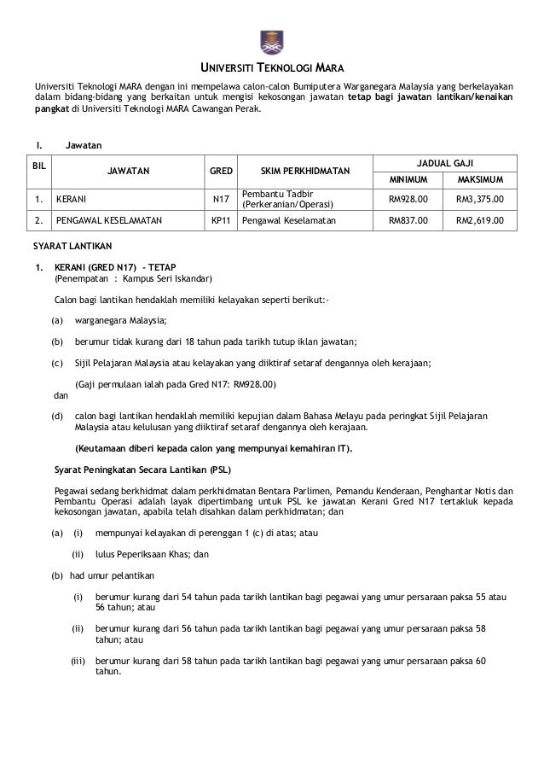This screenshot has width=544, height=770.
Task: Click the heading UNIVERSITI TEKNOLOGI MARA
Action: coord(272,69)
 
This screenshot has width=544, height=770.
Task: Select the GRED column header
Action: coord(221,171)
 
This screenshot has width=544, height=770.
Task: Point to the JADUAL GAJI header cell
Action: coord(444,161)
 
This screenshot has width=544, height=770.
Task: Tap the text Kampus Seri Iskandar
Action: coord(167,279)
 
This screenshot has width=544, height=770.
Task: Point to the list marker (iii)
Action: coord(78,660)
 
